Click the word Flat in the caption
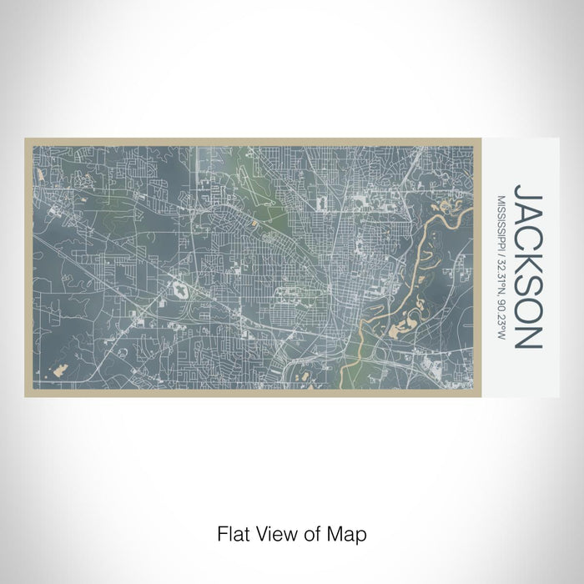click(230, 531)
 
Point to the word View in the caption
click(269, 531)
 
